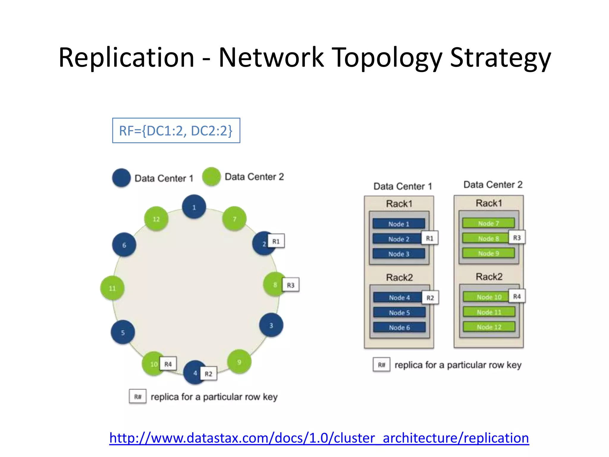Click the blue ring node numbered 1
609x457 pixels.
tap(194, 207)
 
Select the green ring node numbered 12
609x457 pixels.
tap(156, 219)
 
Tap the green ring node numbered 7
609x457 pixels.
tap(234, 219)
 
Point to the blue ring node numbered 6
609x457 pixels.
tap(124, 245)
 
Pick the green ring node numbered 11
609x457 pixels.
tap(112, 288)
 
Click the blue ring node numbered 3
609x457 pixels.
tap(271, 325)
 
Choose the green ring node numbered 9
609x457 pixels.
tap(239, 361)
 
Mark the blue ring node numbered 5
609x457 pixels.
tap(123, 332)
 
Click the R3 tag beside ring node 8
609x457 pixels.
tap(291, 285)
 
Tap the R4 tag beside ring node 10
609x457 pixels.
tap(168, 364)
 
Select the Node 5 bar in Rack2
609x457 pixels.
tap(399, 312)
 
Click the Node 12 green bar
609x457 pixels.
tap(489, 327)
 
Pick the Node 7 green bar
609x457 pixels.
tap(488, 223)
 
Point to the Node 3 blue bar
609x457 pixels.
tap(398, 254)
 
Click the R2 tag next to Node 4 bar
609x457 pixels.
tap(430, 298)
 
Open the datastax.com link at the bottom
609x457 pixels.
tap(319, 438)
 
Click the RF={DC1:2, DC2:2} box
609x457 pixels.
tap(176, 131)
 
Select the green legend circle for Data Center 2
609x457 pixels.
tap(211, 177)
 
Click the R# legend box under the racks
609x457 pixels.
tap(381, 365)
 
